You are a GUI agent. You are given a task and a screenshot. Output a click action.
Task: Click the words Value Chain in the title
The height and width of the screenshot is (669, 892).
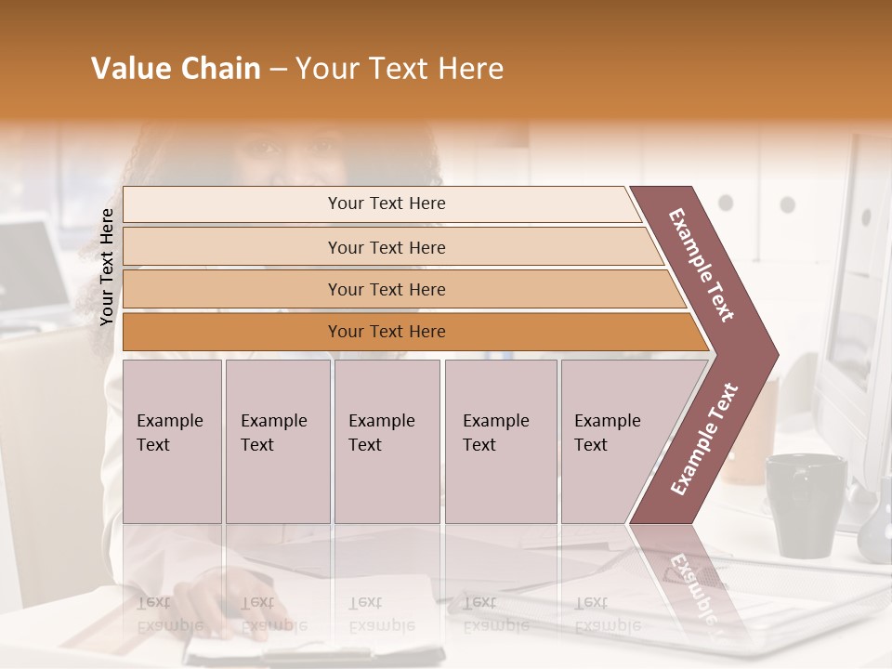click(176, 69)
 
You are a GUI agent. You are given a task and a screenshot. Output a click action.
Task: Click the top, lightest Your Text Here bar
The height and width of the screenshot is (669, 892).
click(386, 203)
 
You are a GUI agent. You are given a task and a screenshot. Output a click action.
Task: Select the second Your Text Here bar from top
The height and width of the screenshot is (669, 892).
click(386, 247)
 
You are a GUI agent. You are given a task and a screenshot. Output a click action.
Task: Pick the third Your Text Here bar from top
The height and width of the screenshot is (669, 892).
click(386, 289)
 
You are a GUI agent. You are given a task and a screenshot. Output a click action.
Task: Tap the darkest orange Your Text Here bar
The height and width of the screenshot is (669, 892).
click(386, 332)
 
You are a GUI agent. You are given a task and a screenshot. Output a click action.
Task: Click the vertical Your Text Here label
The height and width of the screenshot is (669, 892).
click(107, 267)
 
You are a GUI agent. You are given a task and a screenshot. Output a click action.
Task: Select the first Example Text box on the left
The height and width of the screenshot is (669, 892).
click(171, 441)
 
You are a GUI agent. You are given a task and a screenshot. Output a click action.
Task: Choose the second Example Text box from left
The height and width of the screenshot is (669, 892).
click(277, 441)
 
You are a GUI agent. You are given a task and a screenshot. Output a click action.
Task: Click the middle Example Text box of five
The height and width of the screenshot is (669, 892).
click(386, 441)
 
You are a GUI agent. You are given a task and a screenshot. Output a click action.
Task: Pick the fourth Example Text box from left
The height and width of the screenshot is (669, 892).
click(500, 441)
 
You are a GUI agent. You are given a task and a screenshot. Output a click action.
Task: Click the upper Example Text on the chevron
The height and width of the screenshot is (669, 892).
click(702, 265)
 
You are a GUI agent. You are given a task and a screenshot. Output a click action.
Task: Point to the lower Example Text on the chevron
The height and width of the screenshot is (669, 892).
click(704, 439)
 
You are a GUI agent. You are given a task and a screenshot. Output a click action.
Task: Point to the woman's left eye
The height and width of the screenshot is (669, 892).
click(325, 146)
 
